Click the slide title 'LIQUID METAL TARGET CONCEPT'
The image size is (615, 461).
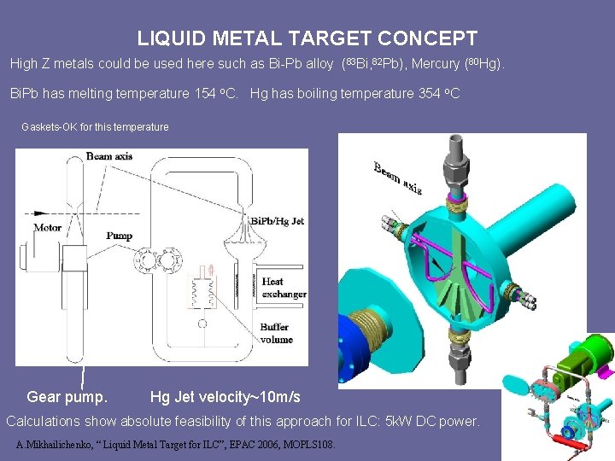pyautogui.click(x=307, y=38)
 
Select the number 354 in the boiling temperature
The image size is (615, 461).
pyautogui.click(x=432, y=93)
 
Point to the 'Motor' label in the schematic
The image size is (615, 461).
pyautogui.click(x=47, y=228)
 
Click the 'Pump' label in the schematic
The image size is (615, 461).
pyautogui.click(x=119, y=236)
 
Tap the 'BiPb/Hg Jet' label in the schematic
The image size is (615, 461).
pyautogui.click(x=277, y=221)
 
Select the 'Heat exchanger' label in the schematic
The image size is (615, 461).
pyautogui.click(x=284, y=288)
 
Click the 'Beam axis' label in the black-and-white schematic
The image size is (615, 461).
pyautogui.click(x=109, y=156)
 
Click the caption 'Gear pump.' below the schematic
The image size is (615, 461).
pyautogui.click(x=67, y=397)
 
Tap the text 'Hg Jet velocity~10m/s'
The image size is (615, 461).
pyautogui.click(x=225, y=397)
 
